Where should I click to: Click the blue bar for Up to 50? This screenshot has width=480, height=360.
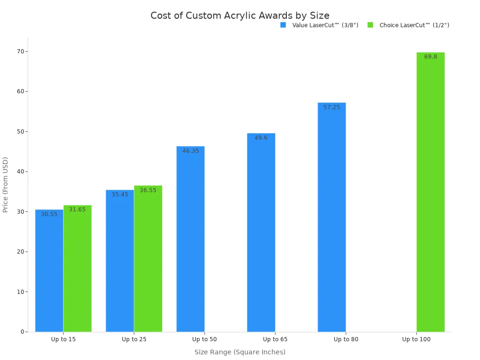point(190,239)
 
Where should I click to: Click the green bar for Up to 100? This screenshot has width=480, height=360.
point(430,192)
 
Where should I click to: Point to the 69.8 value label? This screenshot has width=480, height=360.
point(430,57)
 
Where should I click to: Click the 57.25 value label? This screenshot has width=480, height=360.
point(331,107)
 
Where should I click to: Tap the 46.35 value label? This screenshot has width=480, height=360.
point(190,151)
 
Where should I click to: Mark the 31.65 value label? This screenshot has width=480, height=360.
point(77,210)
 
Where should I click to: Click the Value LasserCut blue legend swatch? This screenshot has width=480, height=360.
point(283,25)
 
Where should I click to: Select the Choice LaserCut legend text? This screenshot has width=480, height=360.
point(414,25)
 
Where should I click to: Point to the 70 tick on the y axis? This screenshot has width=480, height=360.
point(21,51)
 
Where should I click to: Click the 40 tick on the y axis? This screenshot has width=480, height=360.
point(21,172)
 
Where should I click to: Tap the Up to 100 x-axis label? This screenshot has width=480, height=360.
point(416,339)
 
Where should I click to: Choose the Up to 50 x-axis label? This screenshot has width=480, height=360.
point(204,339)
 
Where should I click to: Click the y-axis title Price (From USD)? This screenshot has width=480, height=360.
point(6,184)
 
